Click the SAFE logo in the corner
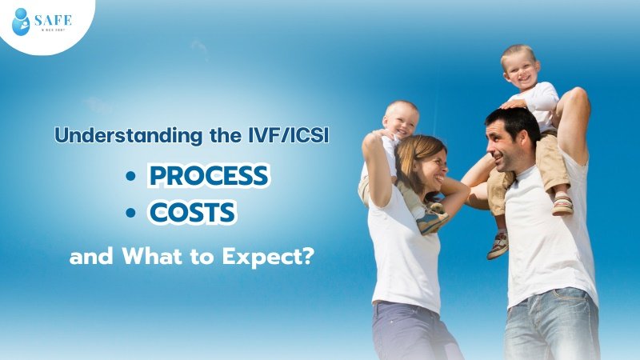pos(41,22)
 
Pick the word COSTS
pos(192,214)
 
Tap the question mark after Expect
pos(305,258)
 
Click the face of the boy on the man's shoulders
pos(520,69)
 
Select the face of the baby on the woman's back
pos(399,121)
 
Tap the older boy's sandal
pos(562,204)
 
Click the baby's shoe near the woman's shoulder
pos(433,220)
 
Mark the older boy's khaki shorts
pos(550,160)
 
